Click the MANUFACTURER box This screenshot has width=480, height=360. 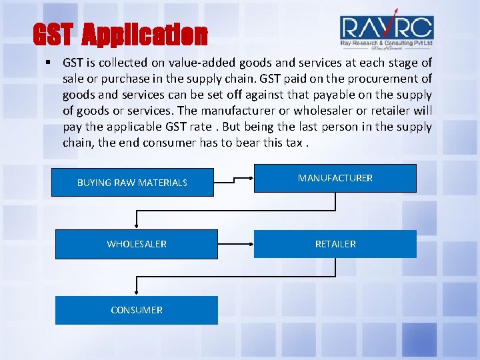click(x=335, y=179)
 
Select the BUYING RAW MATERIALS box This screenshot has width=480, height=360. click(x=133, y=182)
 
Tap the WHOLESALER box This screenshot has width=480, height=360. click(x=137, y=244)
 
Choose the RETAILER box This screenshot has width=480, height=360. click(x=335, y=244)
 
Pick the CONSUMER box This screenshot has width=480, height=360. click(x=137, y=310)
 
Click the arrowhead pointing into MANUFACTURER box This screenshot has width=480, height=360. click(x=251, y=179)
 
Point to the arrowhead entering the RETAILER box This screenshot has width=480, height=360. click(x=251, y=244)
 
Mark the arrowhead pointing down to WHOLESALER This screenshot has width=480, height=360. click(x=137, y=226)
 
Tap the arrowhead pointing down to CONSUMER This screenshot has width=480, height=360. click(x=137, y=291)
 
